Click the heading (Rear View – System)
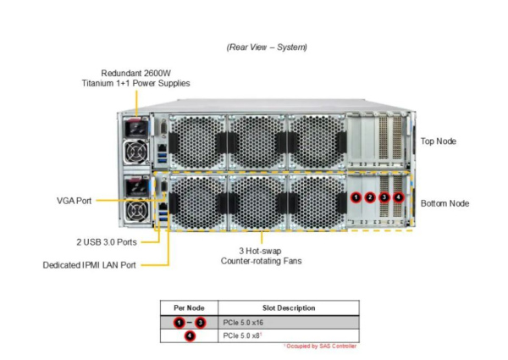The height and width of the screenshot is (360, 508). [x=267, y=47]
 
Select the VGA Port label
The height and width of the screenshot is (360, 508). [x=75, y=201]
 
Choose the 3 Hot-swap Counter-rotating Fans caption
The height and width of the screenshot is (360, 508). [x=262, y=256]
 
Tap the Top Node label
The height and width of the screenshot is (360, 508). [x=439, y=141]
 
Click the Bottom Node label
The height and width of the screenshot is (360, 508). [x=444, y=203]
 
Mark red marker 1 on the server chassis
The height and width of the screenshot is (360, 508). [x=356, y=197]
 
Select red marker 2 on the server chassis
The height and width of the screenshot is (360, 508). [x=370, y=197]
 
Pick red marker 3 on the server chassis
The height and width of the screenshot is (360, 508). [x=384, y=197]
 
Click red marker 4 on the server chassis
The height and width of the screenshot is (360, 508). [x=398, y=197]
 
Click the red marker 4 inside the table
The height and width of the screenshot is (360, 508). [x=189, y=336]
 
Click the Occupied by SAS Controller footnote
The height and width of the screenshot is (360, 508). [x=320, y=346]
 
